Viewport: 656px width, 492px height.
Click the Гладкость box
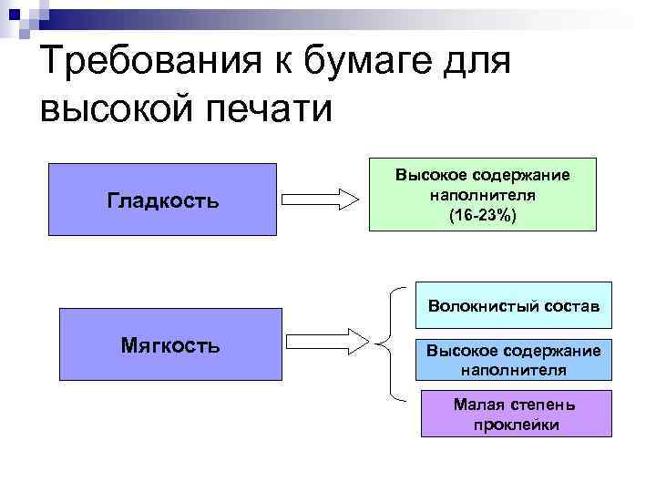(162, 200)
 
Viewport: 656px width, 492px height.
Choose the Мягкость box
(170, 343)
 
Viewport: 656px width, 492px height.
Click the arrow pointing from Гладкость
(319, 198)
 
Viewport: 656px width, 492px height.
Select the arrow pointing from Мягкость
(328, 343)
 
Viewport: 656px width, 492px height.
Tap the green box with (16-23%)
(482, 196)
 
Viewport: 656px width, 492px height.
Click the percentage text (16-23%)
(482, 215)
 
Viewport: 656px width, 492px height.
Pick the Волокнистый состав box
(514, 305)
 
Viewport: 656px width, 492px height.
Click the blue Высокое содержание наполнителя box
(514, 361)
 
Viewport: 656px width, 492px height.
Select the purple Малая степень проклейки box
(516, 414)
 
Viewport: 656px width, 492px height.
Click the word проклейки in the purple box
(516, 425)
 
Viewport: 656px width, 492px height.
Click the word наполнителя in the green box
(482, 195)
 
